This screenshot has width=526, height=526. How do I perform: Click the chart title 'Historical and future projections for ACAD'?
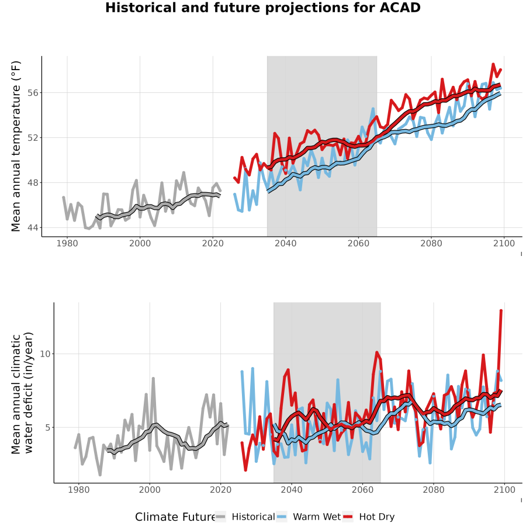(262, 8)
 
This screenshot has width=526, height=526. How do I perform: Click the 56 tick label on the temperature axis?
(33, 92)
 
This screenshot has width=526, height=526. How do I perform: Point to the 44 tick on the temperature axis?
(33, 228)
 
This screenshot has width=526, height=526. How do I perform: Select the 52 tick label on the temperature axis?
(33, 138)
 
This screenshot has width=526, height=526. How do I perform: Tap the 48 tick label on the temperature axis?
(33, 183)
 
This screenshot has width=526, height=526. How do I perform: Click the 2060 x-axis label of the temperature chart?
(358, 243)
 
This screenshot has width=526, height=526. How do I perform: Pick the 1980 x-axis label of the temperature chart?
(67, 243)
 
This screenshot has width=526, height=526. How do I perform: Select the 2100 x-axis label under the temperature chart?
(504, 243)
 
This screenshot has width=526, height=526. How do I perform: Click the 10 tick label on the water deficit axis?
(45, 354)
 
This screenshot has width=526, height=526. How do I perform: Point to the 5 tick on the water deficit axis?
(48, 428)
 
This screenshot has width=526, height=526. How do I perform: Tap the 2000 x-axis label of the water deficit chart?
(150, 490)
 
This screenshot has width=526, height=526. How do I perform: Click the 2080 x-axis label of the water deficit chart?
(434, 490)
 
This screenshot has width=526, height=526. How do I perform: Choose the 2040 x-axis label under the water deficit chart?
(292, 490)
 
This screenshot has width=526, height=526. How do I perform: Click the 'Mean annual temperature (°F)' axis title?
(16, 146)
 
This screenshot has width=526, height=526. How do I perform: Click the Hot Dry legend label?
(377, 517)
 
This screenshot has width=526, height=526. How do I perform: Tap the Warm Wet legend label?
(317, 517)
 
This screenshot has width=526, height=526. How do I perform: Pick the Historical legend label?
(253, 517)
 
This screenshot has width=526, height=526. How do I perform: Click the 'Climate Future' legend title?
(175, 517)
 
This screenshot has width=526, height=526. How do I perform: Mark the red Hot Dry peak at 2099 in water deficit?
(501, 311)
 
